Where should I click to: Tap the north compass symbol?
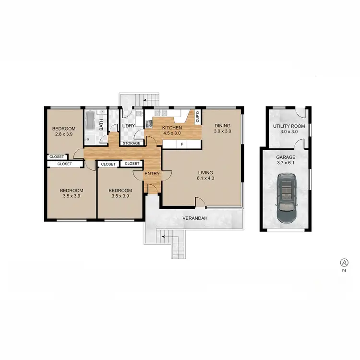tap(344, 262)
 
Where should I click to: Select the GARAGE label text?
tap(286, 157)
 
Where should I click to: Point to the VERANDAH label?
tap(194, 218)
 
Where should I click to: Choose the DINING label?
tap(223, 126)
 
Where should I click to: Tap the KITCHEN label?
tap(171, 128)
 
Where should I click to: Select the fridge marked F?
tap(182, 144)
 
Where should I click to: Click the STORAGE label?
tap(132, 144)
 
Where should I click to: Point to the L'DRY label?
tap(128, 126)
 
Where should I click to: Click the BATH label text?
tap(101, 125)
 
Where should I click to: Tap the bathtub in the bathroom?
tap(90, 126)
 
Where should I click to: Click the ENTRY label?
tap(152, 174)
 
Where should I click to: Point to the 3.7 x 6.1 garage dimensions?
tap(286, 163)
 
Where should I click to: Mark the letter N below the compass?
tap(344, 271)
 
